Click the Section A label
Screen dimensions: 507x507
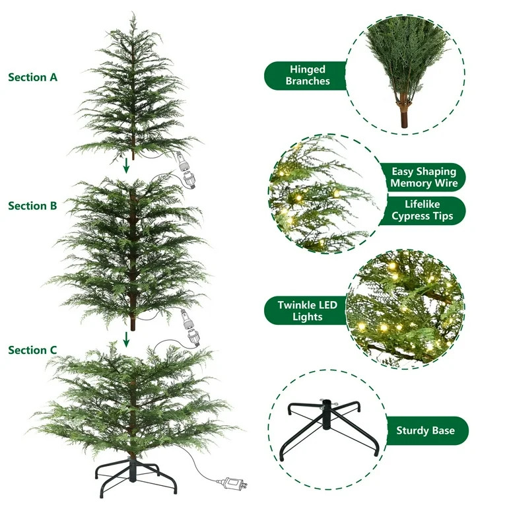tap(32, 77)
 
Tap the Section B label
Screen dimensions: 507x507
tap(32, 206)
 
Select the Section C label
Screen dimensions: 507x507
tap(32, 350)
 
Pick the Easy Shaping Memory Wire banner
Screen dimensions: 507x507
tap(423, 177)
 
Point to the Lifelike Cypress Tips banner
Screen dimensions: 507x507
tap(423, 211)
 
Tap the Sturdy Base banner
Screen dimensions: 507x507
tap(425, 431)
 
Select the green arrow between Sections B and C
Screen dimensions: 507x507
tap(126, 339)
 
